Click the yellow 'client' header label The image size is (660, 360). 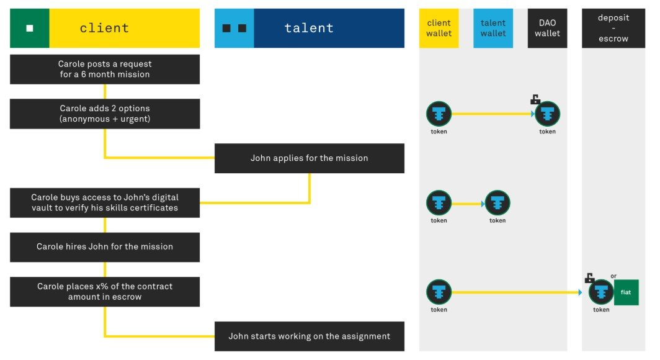point(125,28)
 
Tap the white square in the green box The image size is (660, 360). point(30,28)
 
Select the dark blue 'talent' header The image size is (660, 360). point(329,28)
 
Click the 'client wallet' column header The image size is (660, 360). point(439,28)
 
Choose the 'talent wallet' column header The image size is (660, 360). point(493,28)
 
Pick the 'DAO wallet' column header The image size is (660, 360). point(547,28)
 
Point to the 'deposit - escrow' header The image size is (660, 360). point(613,28)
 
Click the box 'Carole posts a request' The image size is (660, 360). point(105,69)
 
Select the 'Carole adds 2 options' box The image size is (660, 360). point(105,114)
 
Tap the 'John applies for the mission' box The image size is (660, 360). point(310,158)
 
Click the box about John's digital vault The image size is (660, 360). point(105,202)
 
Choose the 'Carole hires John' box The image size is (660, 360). point(105,247)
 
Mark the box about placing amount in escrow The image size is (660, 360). point(105,292)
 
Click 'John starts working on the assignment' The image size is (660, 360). point(310,336)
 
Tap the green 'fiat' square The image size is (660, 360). point(627,292)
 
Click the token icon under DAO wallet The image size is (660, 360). point(547,114)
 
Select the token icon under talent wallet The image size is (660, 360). point(497,203)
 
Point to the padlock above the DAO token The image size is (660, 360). point(535,99)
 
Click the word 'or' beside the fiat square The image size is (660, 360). point(613,276)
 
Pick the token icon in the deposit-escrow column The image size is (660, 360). point(601,292)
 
